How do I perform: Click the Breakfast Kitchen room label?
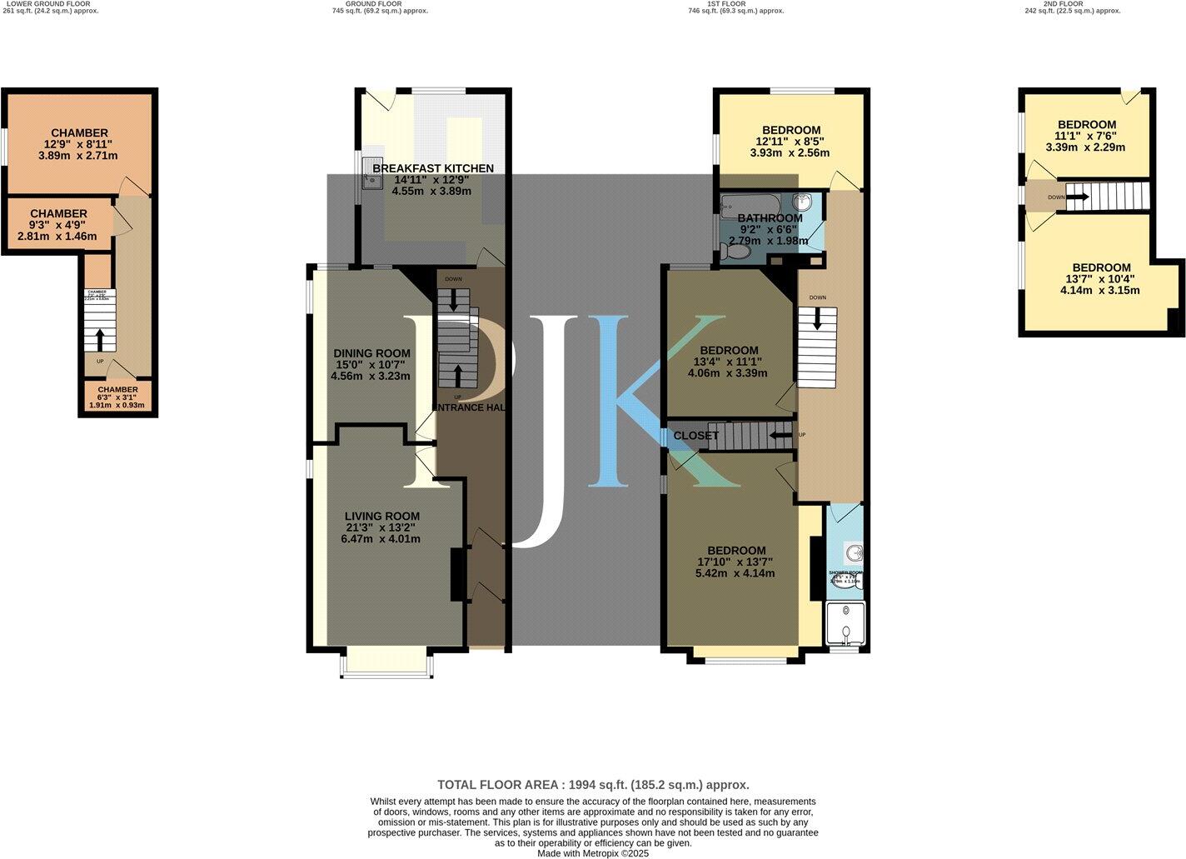(x=432, y=168)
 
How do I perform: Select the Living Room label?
(x=382, y=516)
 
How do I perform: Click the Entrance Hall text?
(x=471, y=407)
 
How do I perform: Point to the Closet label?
(x=695, y=436)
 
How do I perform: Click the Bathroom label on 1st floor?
(x=770, y=218)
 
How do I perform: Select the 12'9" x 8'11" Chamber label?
(x=79, y=133)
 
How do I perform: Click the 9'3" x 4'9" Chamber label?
(x=57, y=214)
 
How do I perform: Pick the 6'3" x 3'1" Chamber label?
(x=117, y=389)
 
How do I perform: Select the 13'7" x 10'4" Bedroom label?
(x=1100, y=267)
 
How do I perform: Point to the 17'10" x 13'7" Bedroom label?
(x=736, y=551)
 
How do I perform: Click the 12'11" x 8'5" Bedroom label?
(x=790, y=130)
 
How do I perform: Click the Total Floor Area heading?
(x=593, y=785)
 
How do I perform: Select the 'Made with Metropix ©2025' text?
(x=593, y=853)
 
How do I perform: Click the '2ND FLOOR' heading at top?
(x=1064, y=4)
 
